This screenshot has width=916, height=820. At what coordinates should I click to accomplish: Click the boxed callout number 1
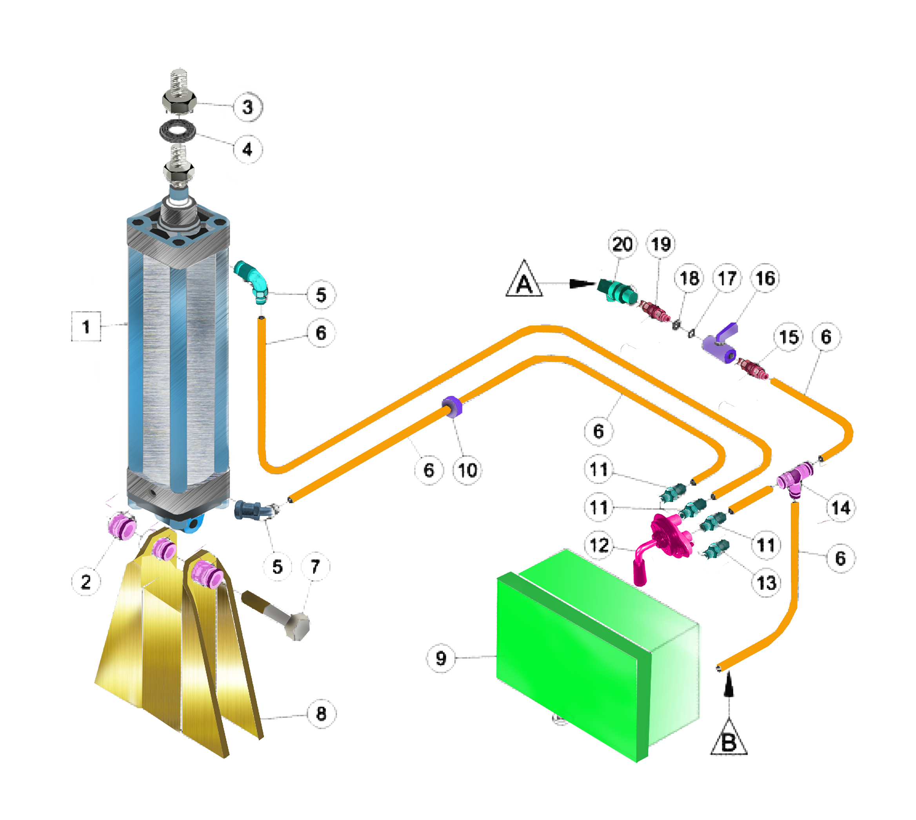click(85, 326)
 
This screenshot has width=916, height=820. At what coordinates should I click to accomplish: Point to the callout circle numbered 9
click(441, 658)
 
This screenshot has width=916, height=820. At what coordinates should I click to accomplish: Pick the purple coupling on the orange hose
click(452, 406)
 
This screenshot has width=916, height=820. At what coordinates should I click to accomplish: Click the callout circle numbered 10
click(467, 470)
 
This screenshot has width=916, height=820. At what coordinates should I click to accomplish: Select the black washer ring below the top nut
click(178, 131)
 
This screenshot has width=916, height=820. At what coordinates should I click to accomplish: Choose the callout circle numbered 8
click(321, 714)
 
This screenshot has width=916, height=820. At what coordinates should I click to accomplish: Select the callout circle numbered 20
click(622, 244)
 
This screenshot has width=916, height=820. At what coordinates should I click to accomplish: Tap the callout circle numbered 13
click(766, 583)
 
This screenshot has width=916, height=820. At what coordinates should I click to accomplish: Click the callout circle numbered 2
click(85, 582)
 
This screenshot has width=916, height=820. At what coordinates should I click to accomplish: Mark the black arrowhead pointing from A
click(582, 283)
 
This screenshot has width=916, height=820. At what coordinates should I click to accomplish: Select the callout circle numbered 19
click(661, 244)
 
